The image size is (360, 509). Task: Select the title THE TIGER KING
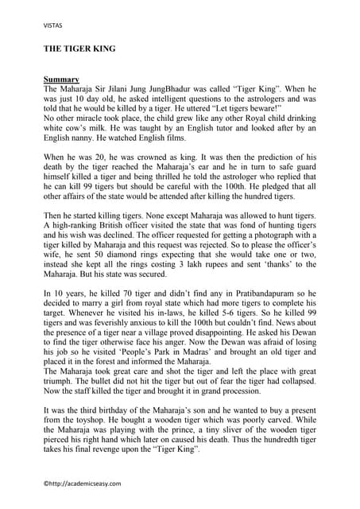point(79,49)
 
